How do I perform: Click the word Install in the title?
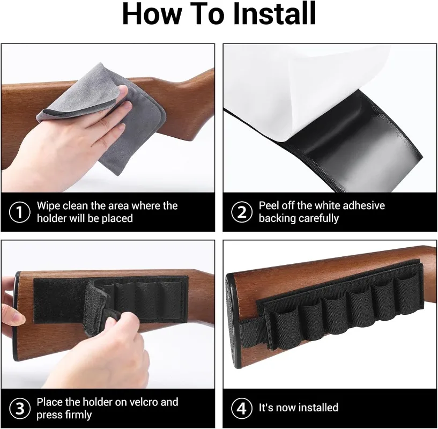tap(274, 14)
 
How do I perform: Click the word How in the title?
tap(152, 14)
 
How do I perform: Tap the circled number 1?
tap(19, 212)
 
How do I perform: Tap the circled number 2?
tap(242, 212)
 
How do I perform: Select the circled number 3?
tap(19, 409)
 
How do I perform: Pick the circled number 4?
tap(242, 409)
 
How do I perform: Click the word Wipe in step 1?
tap(48, 206)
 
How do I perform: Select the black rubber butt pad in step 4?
tap(233, 321)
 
